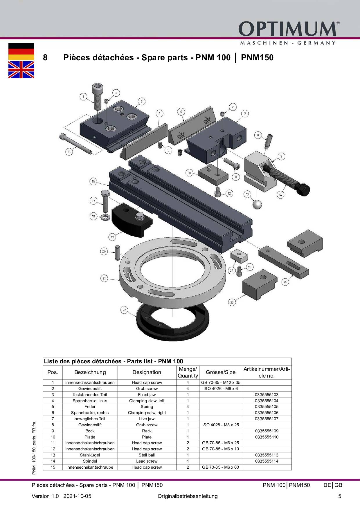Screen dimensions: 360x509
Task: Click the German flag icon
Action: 21,52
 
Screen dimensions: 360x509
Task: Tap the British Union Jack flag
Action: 21,70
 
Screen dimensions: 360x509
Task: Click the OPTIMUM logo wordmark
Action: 288,29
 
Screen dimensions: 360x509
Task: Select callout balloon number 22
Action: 124,310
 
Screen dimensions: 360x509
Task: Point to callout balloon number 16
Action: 93,182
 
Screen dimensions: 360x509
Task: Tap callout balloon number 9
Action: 281,156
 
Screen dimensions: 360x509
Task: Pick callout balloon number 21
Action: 104,278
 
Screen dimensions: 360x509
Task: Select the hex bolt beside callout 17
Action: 105,201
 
